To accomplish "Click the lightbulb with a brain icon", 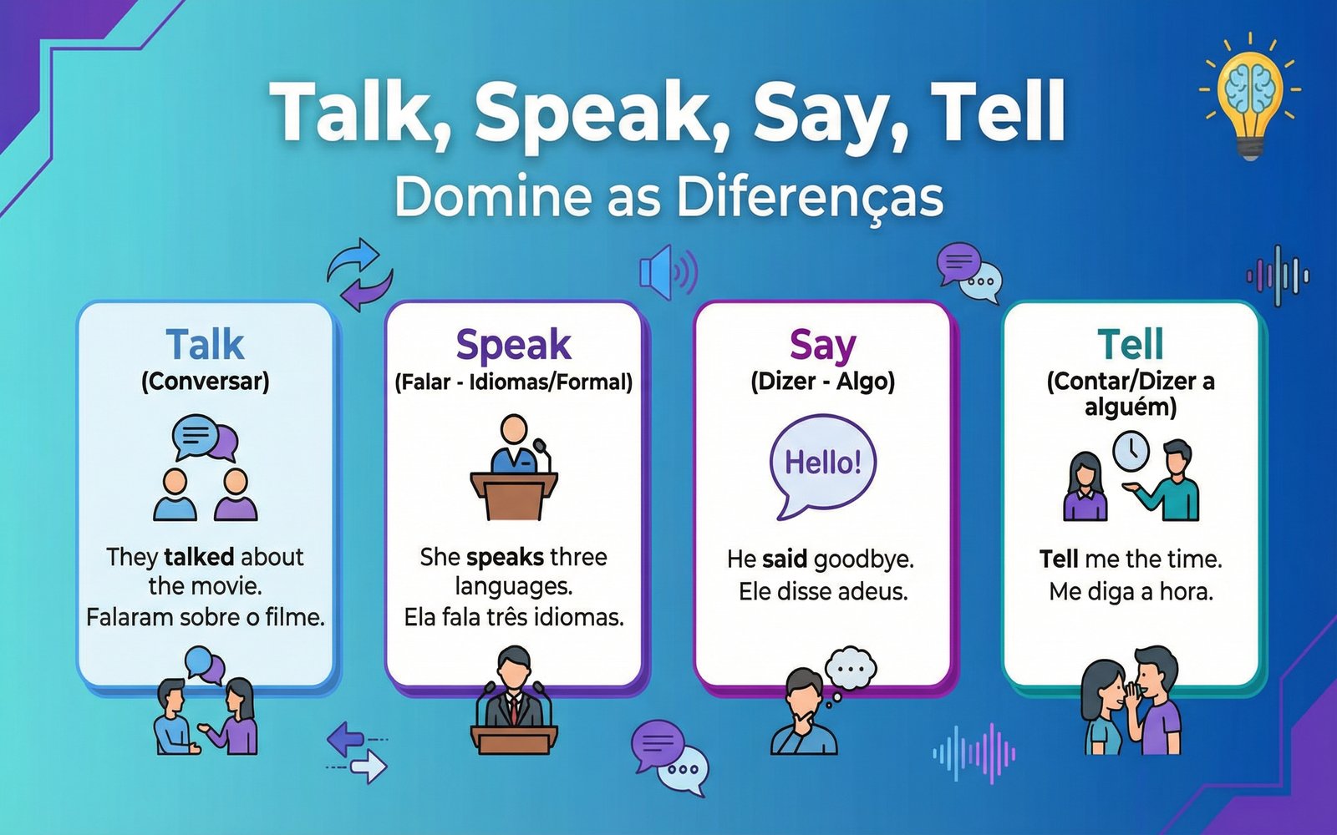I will [x=1250, y=95].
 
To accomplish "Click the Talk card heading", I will [x=205, y=344].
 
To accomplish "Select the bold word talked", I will [x=199, y=557].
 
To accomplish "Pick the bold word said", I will [x=785, y=559].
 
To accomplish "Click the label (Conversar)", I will [x=205, y=382].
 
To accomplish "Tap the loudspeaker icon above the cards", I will [x=667, y=272].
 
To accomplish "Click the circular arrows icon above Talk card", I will [x=359, y=274].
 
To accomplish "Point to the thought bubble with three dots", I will [x=850, y=668].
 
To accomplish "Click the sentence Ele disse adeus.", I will [x=822, y=592].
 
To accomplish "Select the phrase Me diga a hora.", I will [x=1131, y=592].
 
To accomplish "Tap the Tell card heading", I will [x=1131, y=344].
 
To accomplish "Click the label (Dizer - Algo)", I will [x=822, y=382].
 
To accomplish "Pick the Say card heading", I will [x=822, y=344].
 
